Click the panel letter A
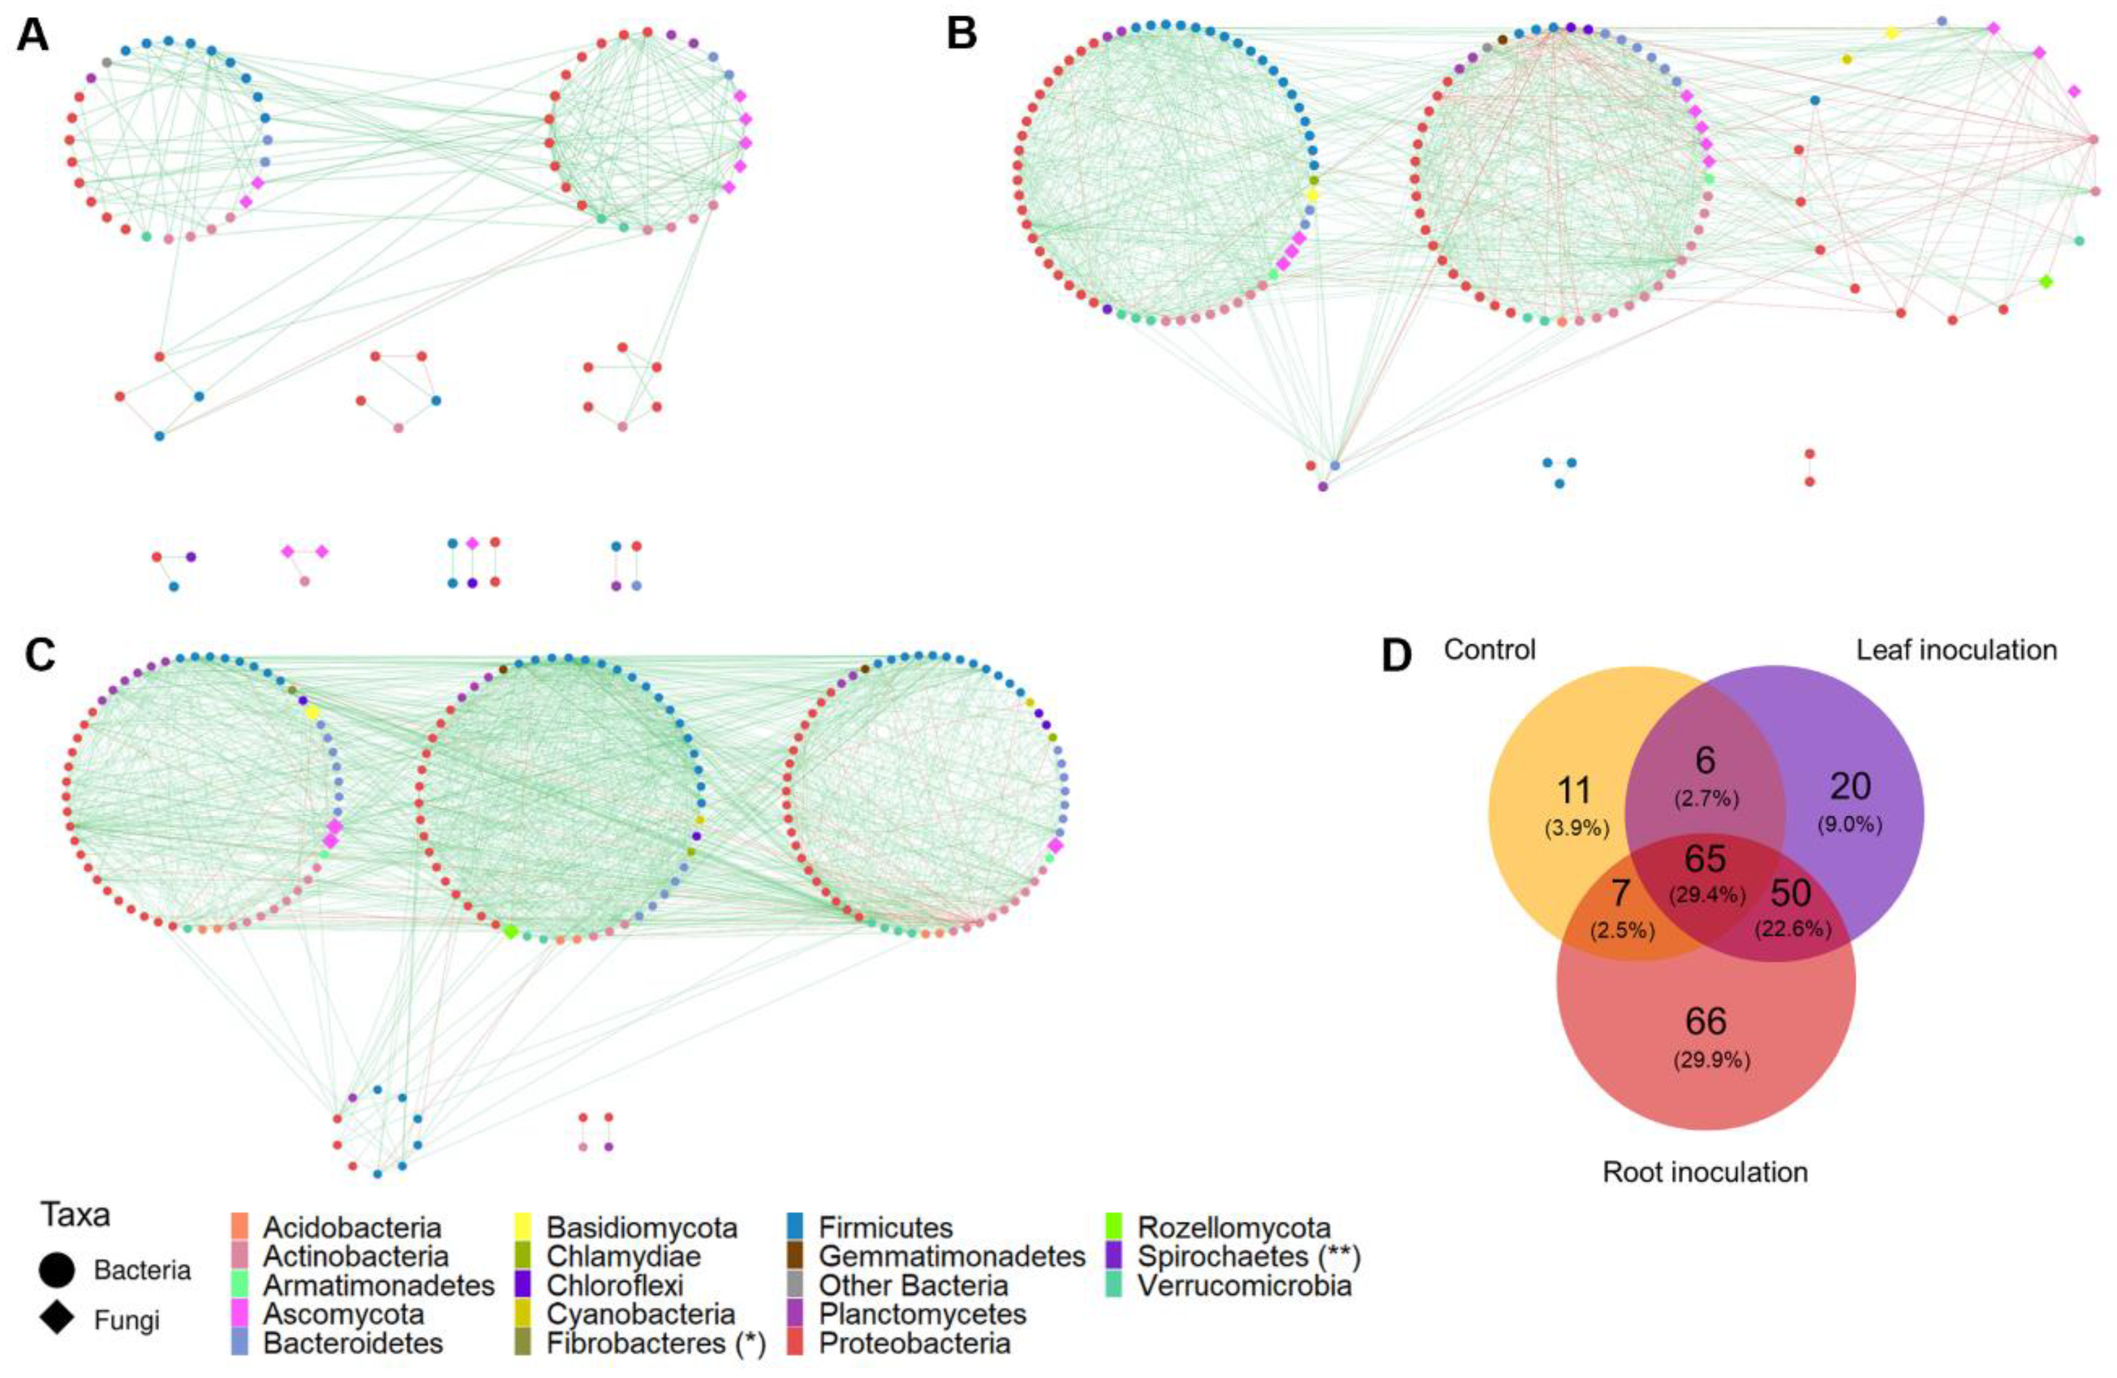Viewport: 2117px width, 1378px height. click(33, 37)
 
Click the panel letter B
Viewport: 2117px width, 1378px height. click(962, 34)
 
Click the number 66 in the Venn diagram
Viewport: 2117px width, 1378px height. click(1705, 1021)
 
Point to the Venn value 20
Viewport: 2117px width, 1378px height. click(1850, 786)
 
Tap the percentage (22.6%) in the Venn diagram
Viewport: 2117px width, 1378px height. click(1793, 930)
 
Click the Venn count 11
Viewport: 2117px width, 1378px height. click(1575, 790)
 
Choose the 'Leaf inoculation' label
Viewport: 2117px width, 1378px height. click(1957, 650)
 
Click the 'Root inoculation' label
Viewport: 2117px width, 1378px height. click(1705, 1173)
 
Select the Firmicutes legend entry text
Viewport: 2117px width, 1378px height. click(885, 1229)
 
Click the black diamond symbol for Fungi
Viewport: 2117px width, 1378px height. click(57, 1317)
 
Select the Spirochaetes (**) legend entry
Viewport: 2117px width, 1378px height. click(1249, 1257)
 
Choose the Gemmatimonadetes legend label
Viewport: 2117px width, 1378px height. click(952, 1257)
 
